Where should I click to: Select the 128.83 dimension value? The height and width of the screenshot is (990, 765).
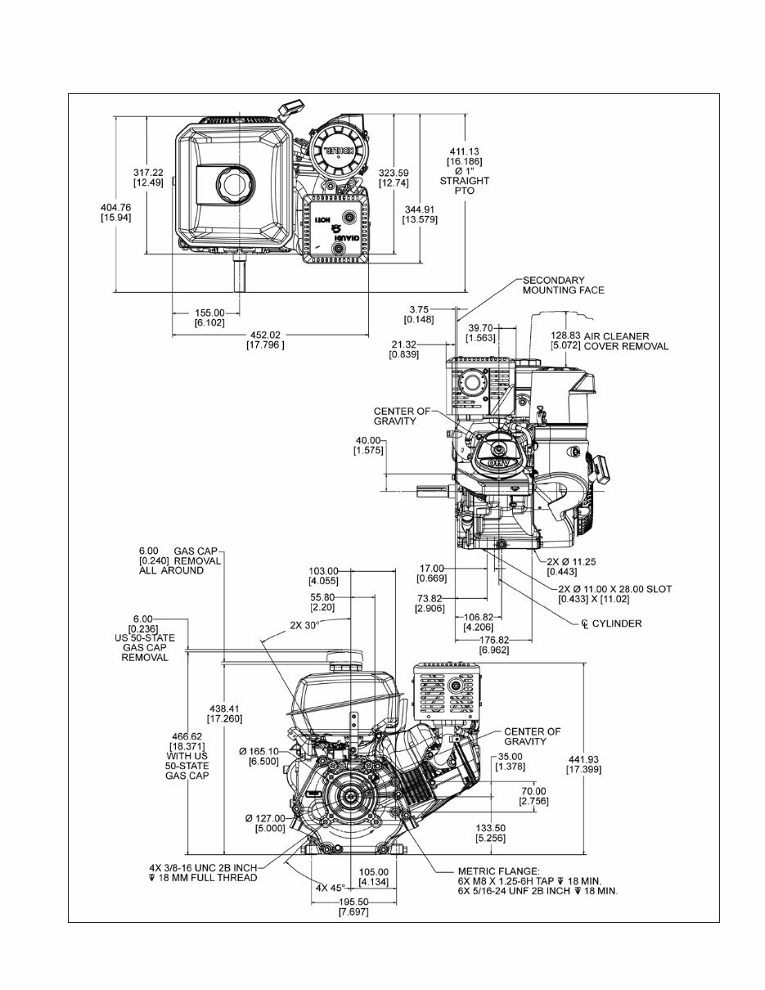564,335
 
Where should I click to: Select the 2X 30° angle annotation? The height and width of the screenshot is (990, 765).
304,623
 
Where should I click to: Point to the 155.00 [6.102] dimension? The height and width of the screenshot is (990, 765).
209,313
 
